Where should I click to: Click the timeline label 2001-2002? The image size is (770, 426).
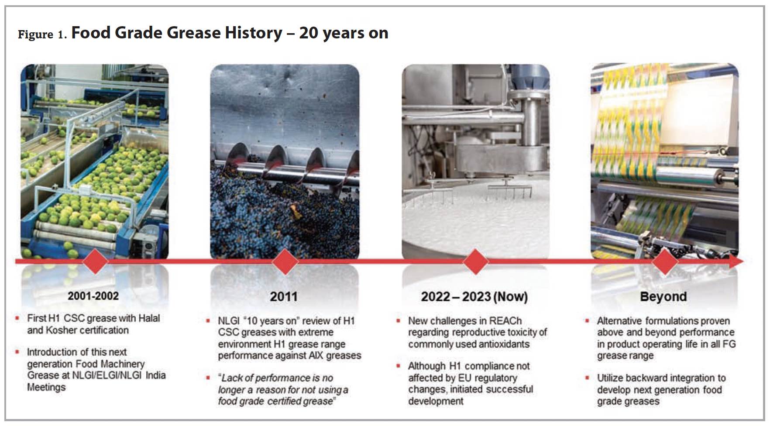click(93, 296)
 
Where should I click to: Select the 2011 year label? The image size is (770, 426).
click(284, 297)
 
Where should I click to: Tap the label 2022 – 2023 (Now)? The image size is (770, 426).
click(474, 297)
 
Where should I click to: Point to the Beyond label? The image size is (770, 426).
click(663, 297)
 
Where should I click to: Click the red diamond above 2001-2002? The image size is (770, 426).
click(95, 261)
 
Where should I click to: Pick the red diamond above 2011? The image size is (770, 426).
click(285, 262)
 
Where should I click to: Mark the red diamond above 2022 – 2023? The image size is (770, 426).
click(475, 262)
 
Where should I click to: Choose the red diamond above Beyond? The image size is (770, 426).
click(665, 262)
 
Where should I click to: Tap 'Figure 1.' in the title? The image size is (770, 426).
click(42, 34)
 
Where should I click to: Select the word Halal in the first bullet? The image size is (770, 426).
click(149, 318)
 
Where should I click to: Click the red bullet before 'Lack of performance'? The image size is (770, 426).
click(208, 378)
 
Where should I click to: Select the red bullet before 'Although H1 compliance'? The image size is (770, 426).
click(398, 366)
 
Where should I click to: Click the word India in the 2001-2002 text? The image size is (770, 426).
click(155, 375)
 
